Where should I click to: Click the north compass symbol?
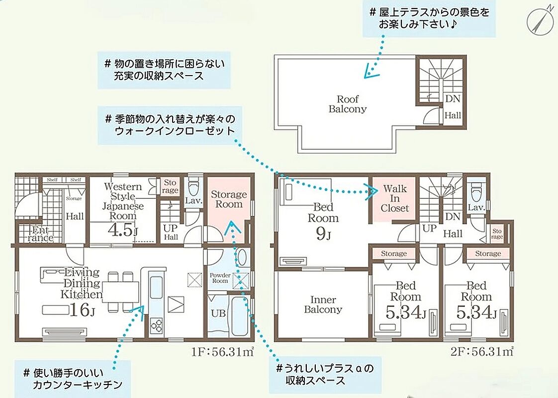coord(539,20)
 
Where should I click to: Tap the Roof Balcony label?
coord(347,104)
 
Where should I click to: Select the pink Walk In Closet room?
coord(394,199)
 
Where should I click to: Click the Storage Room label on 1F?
coord(229,199)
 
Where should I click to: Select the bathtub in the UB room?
coord(239,315)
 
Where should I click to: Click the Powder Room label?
coord(220,278)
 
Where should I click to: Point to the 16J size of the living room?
coord(82,310)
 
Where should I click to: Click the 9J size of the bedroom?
coord(323,233)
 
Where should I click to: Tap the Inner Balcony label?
coord(323,305)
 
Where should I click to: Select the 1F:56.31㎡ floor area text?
coord(222,352)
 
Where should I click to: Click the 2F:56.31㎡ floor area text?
coord(482,352)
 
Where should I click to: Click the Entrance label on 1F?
coord(40,233)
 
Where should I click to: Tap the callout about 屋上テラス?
coord(429,18)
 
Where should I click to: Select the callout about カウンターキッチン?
coord(73,379)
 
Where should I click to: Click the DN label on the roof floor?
coord(453,99)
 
